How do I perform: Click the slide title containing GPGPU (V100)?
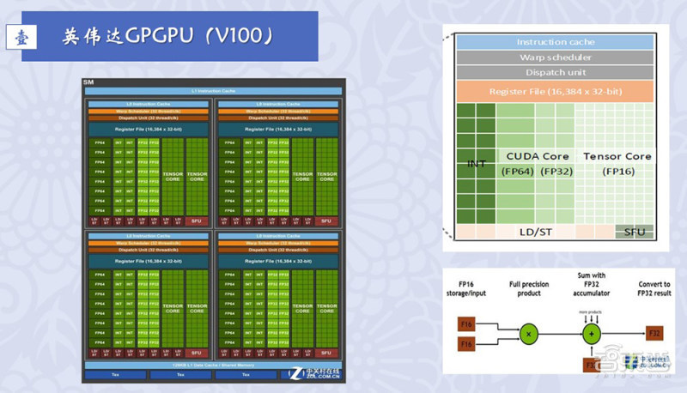point(168,36)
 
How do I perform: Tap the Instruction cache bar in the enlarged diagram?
point(555,42)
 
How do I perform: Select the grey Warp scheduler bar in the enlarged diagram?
point(555,57)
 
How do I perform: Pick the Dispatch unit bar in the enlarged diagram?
point(555,73)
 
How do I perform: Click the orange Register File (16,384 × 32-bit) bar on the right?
point(555,91)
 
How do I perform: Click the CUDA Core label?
point(538,156)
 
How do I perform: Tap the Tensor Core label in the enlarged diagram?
point(617,156)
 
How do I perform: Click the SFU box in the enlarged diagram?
point(635,232)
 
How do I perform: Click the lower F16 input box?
point(466,344)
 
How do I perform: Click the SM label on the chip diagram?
point(88,82)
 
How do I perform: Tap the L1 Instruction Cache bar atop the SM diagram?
point(210,90)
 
